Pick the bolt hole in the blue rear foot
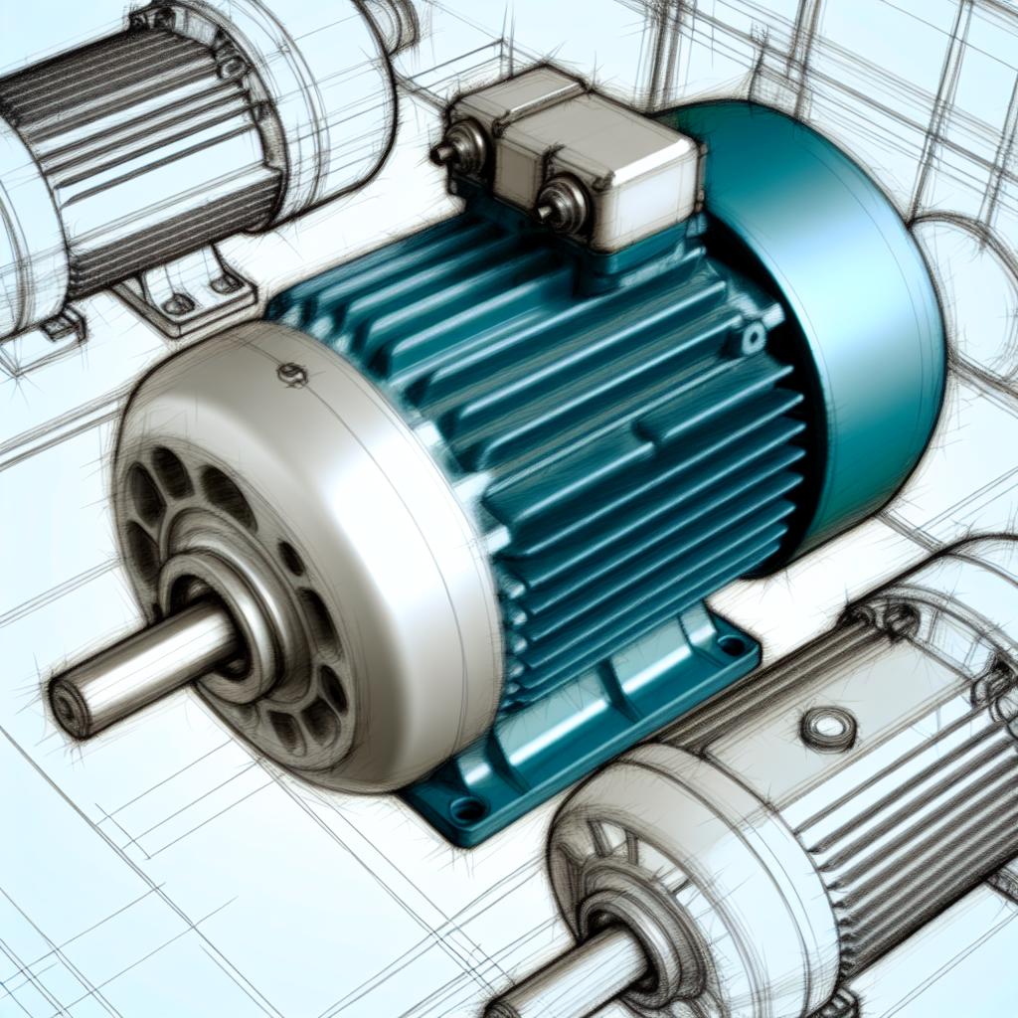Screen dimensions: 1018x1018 [734, 646]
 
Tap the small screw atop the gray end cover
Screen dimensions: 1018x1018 [291, 375]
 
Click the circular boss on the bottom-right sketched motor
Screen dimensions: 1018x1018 [828, 729]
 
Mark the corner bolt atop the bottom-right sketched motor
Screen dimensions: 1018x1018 [900, 621]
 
